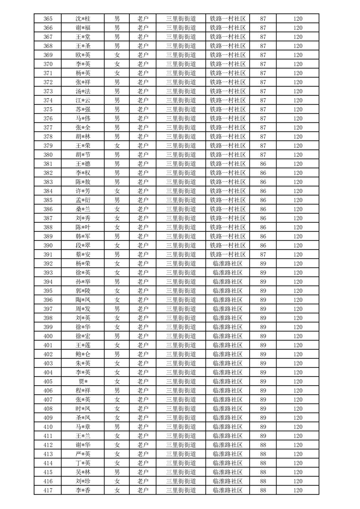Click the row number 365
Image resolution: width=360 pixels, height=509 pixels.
pyautogui.click(x=48, y=19)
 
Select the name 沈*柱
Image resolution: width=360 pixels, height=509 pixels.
pyautogui.click(x=83, y=19)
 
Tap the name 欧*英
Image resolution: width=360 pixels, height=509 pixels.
pyautogui.click(x=83, y=55)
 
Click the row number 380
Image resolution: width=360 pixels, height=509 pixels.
pyautogui.click(x=48, y=155)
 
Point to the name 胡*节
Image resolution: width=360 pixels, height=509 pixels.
pyautogui.click(x=83, y=155)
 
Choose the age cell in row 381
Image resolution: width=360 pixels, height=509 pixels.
pyautogui.click(x=263, y=164)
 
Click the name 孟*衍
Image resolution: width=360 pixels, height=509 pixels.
pyautogui.click(x=83, y=200)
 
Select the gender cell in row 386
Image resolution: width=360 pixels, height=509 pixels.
pyautogui.click(x=117, y=209)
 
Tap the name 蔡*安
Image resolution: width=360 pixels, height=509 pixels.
pyautogui.click(x=83, y=254)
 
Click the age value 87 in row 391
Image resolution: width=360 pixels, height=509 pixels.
pyautogui.click(x=263, y=254)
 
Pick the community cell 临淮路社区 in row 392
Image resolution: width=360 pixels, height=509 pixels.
pyautogui.click(x=227, y=264)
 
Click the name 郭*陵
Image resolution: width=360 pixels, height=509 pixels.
pyautogui.click(x=83, y=291)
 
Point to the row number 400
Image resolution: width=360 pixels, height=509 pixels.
pyautogui.click(x=48, y=336)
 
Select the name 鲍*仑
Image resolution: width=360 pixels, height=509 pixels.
pyautogui.click(x=83, y=354)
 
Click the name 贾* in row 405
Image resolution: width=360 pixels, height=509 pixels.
pyautogui.click(x=83, y=382)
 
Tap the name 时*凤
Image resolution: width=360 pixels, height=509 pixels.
pyautogui.click(x=83, y=409)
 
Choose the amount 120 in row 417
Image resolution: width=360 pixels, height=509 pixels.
pyautogui.click(x=297, y=490)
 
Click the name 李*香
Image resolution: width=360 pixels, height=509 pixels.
pyautogui.click(x=83, y=490)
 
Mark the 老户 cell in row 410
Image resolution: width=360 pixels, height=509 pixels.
pyautogui.click(x=143, y=427)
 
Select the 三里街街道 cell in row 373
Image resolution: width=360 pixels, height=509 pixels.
pyautogui.click(x=181, y=91)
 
